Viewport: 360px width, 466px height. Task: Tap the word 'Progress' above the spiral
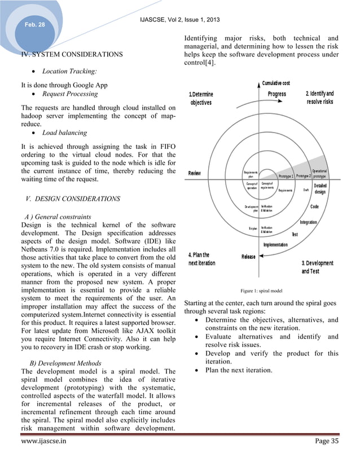(x=276, y=94)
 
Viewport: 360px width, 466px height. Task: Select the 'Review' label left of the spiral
(x=194, y=173)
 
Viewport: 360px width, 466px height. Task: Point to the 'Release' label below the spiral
(x=248, y=257)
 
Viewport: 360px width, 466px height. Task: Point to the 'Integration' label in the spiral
(x=308, y=222)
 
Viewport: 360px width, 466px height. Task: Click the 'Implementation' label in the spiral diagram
(x=275, y=245)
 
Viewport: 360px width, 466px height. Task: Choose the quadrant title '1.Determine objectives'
(x=201, y=98)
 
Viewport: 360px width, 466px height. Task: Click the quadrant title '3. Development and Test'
(x=318, y=267)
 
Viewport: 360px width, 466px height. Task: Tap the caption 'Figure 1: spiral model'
(x=261, y=292)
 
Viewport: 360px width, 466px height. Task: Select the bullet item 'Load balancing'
(x=67, y=133)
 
